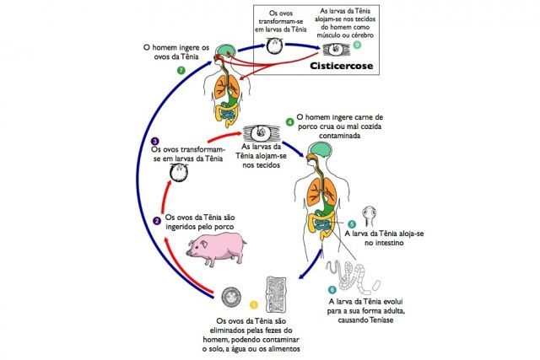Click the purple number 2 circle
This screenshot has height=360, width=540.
157,222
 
